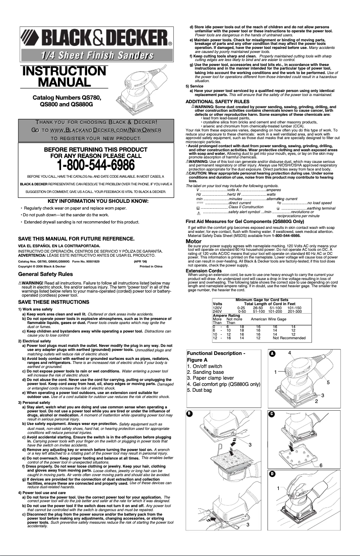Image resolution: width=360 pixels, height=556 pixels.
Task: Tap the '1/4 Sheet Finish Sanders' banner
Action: [x=96, y=55]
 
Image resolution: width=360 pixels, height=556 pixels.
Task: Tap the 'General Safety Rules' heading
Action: [x=45, y=274]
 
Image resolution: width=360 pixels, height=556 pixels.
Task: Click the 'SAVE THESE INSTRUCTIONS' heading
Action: [x=47, y=302]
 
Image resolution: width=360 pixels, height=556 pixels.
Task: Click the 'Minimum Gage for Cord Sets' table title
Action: [x=262, y=299]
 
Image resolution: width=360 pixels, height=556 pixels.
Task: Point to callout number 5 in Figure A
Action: [x=328, y=382]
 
